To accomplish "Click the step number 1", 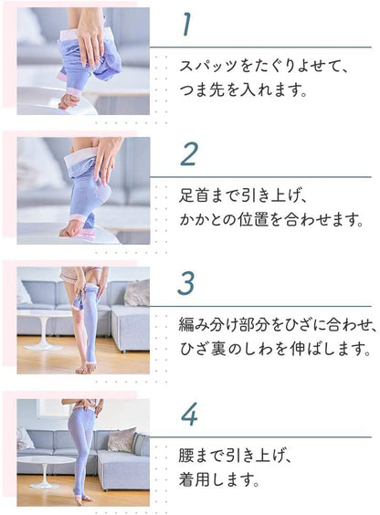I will point(187,25).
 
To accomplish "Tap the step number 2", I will point(188,153).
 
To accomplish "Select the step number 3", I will point(186,283).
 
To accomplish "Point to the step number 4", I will point(188,414).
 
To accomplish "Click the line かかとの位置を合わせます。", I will point(271,219).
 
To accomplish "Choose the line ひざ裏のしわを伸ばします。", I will point(274,349).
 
